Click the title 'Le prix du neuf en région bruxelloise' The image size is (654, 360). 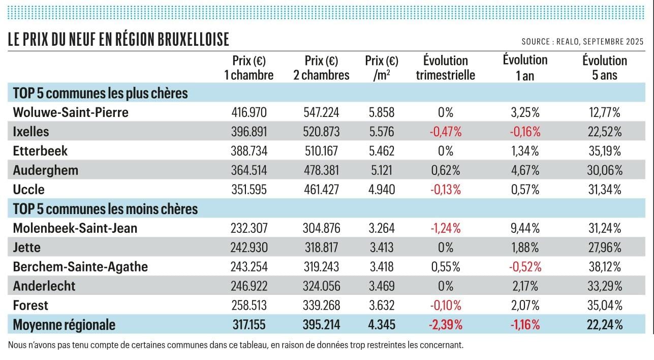coord(118,40)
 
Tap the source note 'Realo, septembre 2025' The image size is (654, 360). coord(582,42)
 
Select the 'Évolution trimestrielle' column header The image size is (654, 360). coord(445,68)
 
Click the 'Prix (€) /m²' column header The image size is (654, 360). coord(382,68)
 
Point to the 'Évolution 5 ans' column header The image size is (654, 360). coord(604,68)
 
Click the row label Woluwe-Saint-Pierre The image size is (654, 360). coord(71,112)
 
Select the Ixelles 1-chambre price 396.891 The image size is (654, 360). coord(249,132)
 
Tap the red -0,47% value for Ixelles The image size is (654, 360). coord(446,132)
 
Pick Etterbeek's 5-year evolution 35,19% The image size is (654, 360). coord(604,151)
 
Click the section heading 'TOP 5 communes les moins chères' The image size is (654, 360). coord(105,209)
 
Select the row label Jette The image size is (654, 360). coord(27,248)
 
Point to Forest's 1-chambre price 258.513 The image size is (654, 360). coord(249,306)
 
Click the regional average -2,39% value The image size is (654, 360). coord(446,325)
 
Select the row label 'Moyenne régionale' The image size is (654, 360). coord(64,325)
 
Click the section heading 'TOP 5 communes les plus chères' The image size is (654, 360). coord(101,94)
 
